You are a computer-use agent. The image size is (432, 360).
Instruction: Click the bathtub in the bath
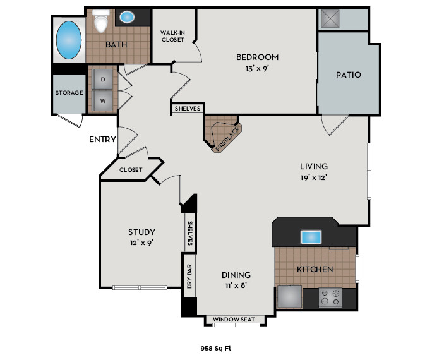pyautogui.click(x=69, y=40)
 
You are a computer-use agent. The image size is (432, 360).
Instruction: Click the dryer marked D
pyautogui.click(x=102, y=80)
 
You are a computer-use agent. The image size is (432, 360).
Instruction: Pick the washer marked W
pyautogui.click(x=102, y=100)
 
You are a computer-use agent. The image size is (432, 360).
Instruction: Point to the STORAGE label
pyautogui.click(x=69, y=93)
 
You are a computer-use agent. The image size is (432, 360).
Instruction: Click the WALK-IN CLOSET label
pyautogui.click(x=172, y=36)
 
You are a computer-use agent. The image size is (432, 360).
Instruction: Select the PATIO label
pyautogui.click(x=348, y=75)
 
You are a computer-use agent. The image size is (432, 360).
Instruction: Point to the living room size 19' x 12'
pyautogui.click(x=314, y=177)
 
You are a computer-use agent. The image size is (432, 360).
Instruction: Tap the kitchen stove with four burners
pyautogui.click(x=330, y=297)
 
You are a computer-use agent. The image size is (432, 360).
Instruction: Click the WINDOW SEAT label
pyautogui.click(x=234, y=320)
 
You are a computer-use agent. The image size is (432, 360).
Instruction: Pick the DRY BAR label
pyautogui.click(x=189, y=276)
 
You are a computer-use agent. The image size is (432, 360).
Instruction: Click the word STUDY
pyautogui.click(x=141, y=232)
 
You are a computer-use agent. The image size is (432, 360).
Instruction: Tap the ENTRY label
pyautogui.click(x=102, y=139)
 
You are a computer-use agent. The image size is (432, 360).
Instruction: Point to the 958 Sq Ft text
pyautogui.click(x=215, y=347)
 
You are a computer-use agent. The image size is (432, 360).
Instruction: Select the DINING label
pyautogui.click(x=236, y=275)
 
